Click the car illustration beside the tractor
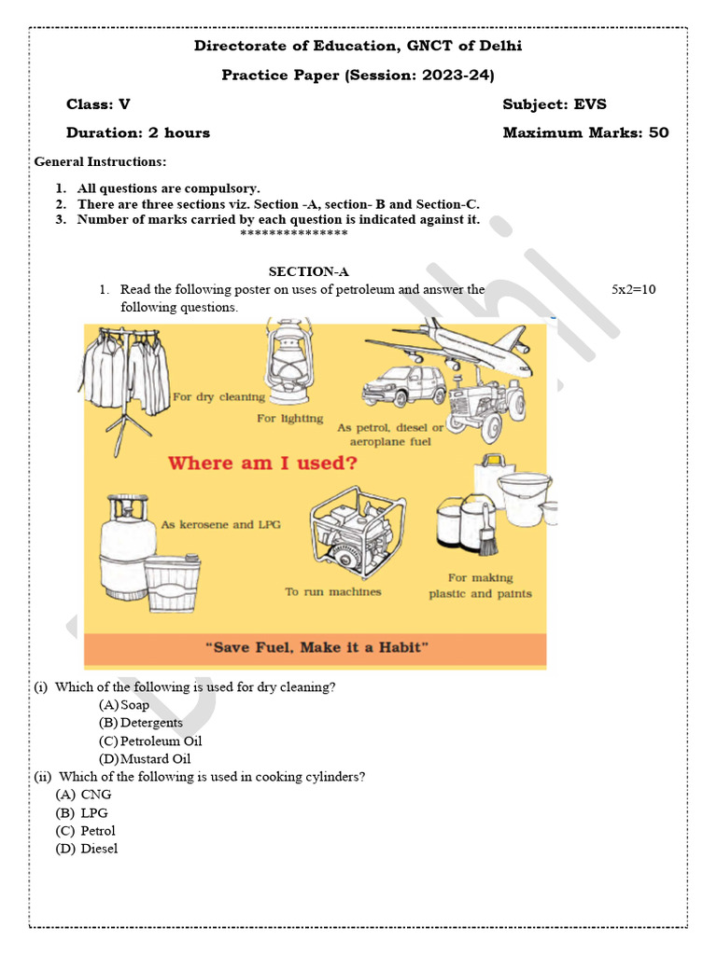(x=404, y=384)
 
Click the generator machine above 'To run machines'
(x=352, y=532)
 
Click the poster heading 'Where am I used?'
(x=262, y=463)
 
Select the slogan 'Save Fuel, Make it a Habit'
(x=316, y=647)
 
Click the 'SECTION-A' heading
(x=308, y=271)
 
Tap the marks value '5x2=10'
(x=633, y=289)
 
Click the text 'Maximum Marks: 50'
(x=585, y=132)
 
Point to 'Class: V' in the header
(x=98, y=104)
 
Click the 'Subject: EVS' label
(x=554, y=104)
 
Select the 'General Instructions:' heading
(x=100, y=161)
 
